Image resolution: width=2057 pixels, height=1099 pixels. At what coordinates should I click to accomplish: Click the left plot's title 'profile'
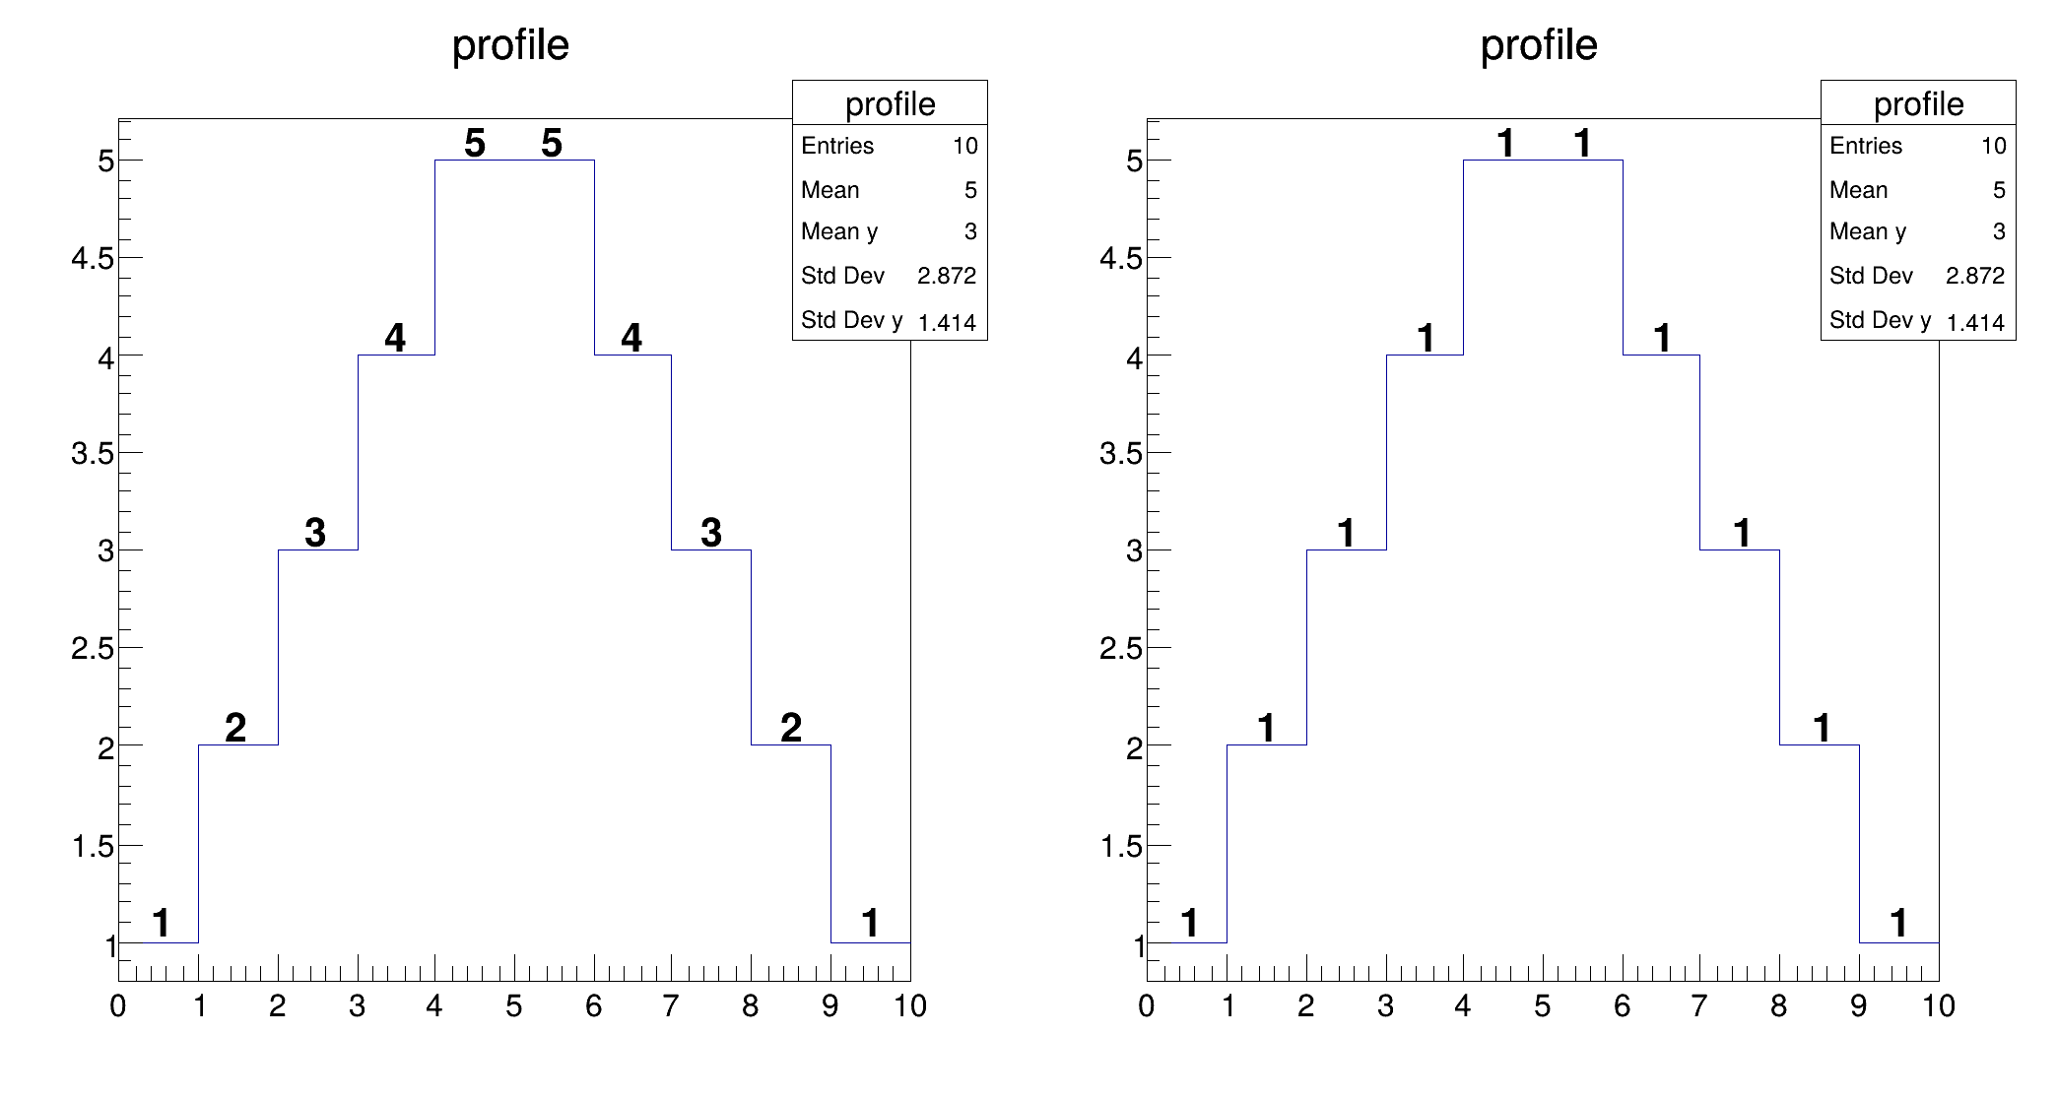(510, 45)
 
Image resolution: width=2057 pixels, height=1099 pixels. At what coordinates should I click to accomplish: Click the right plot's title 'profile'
(1539, 45)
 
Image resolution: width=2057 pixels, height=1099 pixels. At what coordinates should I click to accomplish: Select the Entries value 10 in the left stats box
(964, 147)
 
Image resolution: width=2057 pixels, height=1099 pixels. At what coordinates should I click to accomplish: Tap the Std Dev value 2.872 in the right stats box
(1974, 276)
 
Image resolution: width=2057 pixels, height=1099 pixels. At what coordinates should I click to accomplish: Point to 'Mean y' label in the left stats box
(839, 231)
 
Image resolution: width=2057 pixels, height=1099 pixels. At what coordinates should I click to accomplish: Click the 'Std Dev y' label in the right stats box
(1880, 320)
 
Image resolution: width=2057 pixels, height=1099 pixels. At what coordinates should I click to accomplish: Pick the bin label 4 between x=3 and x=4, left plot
(395, 338)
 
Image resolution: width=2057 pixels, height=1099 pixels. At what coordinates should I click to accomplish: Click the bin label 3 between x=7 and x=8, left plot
(711, 533)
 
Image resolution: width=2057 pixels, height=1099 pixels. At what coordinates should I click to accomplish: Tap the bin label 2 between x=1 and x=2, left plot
(235, 728)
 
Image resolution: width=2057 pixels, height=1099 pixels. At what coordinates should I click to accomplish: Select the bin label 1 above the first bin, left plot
(162, 924)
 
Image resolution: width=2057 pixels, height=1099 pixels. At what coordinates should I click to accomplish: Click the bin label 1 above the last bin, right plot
(1898, 924)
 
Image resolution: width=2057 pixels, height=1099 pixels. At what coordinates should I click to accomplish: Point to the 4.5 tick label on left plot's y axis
(93, 259)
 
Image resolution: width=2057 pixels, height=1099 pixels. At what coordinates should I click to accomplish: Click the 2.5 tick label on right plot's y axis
(1121, 649)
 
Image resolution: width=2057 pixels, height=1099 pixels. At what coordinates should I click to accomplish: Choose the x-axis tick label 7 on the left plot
(671, 1006)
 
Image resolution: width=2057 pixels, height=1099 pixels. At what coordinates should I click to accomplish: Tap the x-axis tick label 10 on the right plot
(1938, 1006)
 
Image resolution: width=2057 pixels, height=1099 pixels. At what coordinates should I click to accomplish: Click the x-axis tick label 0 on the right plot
(1146, 1006)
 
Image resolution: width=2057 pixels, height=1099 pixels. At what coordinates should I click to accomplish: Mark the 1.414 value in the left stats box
(946, 323)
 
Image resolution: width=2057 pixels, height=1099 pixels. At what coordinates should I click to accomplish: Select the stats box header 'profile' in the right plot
(1918, 104)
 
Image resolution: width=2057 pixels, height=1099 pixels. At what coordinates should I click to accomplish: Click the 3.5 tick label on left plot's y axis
(93, 454)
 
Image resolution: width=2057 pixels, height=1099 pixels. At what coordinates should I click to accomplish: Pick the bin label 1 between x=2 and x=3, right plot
(1346, 533)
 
